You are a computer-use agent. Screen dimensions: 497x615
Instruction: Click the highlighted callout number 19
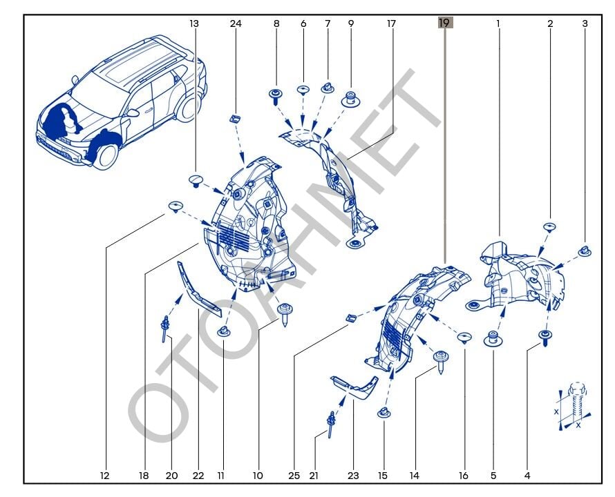click(444, 23)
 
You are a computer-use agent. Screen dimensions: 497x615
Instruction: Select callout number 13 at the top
click(194, 23)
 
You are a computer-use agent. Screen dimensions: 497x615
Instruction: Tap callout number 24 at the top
click(236, 23)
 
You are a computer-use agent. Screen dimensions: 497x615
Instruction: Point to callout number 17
click(392, 23)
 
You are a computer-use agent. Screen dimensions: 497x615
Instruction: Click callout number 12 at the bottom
click(105, 476)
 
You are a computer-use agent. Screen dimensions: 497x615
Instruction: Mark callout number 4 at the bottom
click(527, 476)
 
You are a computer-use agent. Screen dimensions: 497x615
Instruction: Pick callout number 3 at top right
click(585, 23)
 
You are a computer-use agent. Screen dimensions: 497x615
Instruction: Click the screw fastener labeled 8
click(276, 96)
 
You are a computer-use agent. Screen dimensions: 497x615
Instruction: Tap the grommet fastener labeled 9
click(351, 99)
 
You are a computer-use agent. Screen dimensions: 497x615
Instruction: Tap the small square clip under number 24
click(235, 117)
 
